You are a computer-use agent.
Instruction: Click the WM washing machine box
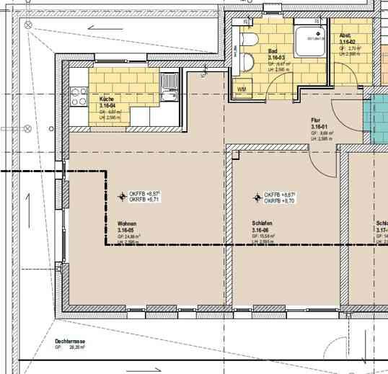point(242,89)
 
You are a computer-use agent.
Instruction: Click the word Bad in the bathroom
point(273,52)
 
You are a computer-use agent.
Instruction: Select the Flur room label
point(315,120)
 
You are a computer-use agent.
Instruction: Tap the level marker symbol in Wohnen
point(121,196)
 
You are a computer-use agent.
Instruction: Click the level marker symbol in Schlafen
point(256,197)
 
